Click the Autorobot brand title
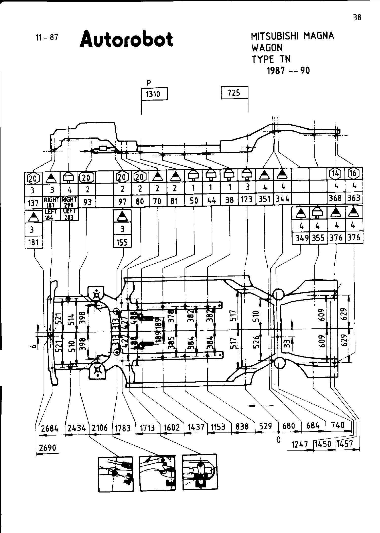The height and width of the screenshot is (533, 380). [x=126, y=39]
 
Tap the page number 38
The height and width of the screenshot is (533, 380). [x=357, y=17]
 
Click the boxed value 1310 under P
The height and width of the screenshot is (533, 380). [x=154, y=94]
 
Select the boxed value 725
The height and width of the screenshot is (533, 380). [x=234, y=93]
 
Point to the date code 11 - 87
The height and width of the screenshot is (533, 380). [x=47, y=38]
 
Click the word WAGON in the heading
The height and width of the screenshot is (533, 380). [x=267, y=48]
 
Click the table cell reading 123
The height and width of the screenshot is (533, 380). [x=247, y=200]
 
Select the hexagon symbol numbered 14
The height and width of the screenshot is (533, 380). [x=336, y=173]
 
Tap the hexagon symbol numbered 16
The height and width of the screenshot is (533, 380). [x=353, y=173]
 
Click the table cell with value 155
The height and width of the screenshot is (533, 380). [x=122, y=243]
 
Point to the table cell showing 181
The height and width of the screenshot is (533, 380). [x=33, y=243]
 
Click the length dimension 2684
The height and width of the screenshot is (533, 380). [x=50, y=428]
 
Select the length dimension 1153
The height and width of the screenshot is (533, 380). [x=218, y=427]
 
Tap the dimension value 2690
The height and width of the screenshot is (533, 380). [x=47, y=448]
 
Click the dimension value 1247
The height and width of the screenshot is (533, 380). [x=300, y=444]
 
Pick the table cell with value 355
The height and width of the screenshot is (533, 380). [x=318, y=238]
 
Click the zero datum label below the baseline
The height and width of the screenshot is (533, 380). [x=278, y=440]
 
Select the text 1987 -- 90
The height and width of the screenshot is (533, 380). [x=288, y=71]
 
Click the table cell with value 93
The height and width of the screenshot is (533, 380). [x=87, y=202]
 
